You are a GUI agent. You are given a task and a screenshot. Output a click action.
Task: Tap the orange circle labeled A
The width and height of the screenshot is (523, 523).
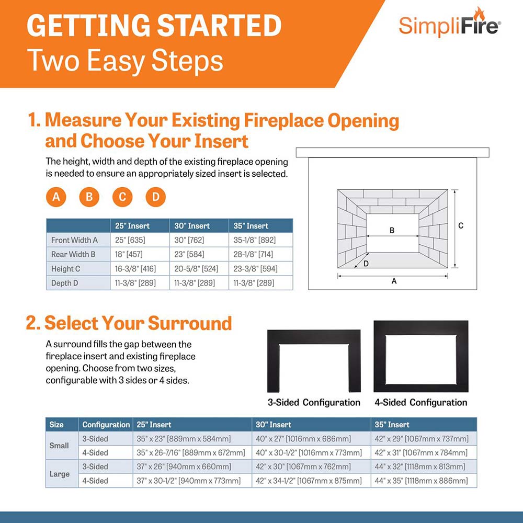click(56, 197)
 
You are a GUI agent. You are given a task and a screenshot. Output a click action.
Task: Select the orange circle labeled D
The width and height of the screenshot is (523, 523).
click(155, 197)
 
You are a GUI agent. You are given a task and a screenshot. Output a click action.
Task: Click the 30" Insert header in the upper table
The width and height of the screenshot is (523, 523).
click(192, 226)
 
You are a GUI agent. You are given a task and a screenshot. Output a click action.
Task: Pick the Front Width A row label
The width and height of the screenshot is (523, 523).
click(75, 241)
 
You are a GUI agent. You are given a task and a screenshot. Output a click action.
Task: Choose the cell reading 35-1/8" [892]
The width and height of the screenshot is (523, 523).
click(254, 241)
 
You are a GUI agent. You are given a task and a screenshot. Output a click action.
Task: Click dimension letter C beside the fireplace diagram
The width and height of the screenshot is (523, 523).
click(461, 226)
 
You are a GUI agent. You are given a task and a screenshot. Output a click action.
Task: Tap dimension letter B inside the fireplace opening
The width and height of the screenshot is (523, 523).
click(392, 230)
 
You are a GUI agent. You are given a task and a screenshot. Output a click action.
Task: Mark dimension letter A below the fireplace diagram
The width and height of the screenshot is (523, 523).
click(394, 281)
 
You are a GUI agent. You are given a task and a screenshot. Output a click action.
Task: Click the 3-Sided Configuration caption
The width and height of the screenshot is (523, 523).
click(313, 402)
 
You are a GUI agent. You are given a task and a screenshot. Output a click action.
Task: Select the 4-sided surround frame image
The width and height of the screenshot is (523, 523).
click(420, 357)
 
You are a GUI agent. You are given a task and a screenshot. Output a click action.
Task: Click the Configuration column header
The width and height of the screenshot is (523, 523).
click(106, 425)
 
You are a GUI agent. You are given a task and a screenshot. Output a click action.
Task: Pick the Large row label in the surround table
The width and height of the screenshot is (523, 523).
click(59, 474)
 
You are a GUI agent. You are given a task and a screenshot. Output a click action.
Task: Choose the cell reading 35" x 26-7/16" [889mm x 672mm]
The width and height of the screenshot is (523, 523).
click(190, 453)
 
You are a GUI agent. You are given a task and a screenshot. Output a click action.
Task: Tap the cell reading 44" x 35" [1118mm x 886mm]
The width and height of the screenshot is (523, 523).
click(421, 481)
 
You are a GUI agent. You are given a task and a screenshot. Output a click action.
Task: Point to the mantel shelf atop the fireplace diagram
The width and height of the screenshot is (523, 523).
click(392, 152)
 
